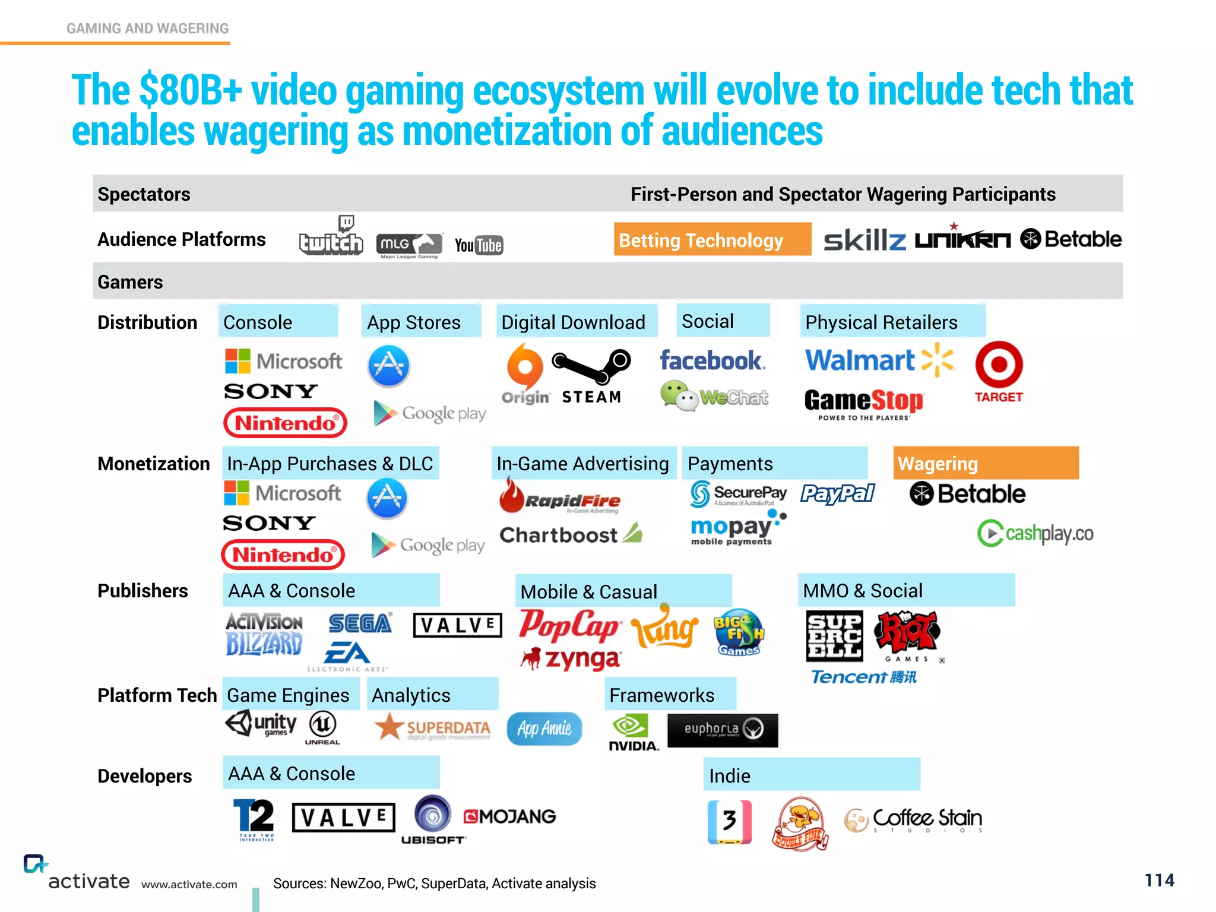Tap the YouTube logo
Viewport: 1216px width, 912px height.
click(479, 245)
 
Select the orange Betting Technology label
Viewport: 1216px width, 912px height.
click(712, 240)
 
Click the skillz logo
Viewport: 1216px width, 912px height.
click(864, 240)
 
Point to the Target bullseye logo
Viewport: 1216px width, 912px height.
click(999, 365)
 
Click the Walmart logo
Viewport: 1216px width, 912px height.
click(879, 360)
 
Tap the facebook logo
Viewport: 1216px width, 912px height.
click(712, 360)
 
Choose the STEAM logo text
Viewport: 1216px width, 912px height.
click(591, 397)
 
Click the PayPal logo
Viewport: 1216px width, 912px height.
click(837, 493)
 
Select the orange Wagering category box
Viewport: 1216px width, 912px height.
click(986, 463)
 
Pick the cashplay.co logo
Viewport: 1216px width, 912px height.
click(1035, 533)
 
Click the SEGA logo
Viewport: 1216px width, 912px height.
click(360, 623)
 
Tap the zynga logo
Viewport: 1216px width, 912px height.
click(571, 658)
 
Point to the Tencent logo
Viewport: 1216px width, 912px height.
click(863, 677)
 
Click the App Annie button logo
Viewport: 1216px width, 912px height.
click(544, 729)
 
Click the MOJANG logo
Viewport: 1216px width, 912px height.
click(510, 816)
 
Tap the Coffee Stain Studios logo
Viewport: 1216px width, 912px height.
click(914, 820)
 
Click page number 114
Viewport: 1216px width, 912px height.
click(1159, 880)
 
